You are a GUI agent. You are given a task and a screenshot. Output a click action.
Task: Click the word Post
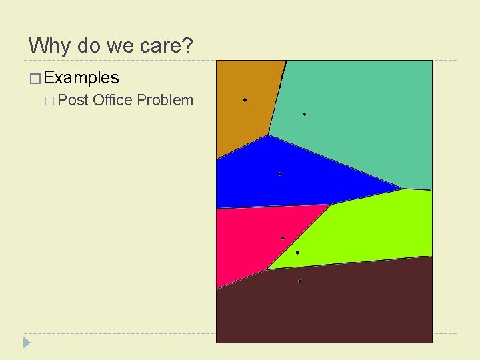[x=74, y=101]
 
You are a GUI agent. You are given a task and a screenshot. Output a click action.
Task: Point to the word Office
[x=113, y=101]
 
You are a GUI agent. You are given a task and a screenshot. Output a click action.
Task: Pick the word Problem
[x=165, y=101]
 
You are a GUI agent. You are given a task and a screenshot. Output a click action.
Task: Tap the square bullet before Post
[x=50, y=101]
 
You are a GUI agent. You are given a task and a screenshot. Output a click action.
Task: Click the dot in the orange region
[x=245, y=100]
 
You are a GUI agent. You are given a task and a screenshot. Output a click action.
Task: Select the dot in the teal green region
[x=305, y=115]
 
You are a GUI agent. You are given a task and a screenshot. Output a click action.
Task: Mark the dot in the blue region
[x=280, y=174]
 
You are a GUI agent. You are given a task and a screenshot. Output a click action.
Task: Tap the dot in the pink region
[x=283, y=238]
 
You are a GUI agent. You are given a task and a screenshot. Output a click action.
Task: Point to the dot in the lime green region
[x=297, y=253]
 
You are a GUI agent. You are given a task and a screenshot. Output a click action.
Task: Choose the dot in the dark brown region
[x=300, y=281]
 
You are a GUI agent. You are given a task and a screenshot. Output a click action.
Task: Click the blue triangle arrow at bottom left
[x=27, y=343]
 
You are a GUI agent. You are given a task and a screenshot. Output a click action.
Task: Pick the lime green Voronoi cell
[x=373, y=227]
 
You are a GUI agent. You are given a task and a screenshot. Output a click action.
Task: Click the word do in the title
[x=89, y=46]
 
